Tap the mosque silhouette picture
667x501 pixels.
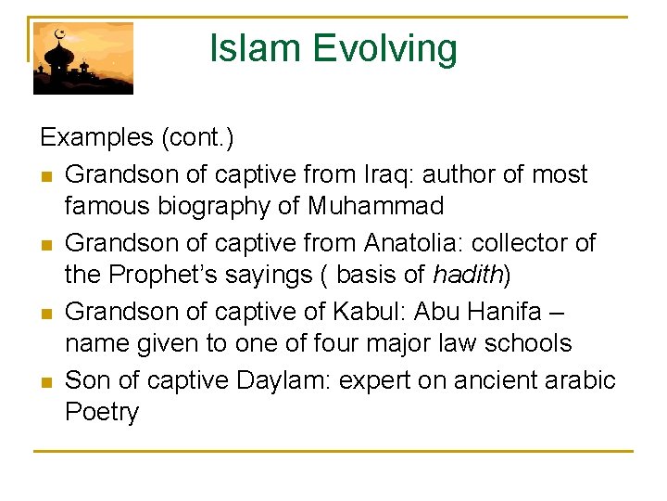pos(83,58)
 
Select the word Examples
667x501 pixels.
pos(96,138)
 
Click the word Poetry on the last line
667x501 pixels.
pos(102,413)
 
